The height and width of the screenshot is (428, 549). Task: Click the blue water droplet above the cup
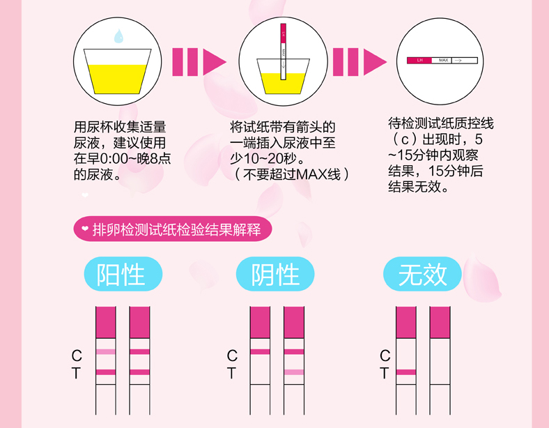(118, 35)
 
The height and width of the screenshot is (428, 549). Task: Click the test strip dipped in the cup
(284, 52)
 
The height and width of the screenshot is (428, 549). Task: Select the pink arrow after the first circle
(199, 61)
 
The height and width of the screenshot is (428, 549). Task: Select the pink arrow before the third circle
(359, 61)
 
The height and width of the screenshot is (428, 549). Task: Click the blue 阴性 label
(276, 275)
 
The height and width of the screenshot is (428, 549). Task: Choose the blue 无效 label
(423, 275)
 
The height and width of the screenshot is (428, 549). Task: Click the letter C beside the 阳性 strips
(77, 356)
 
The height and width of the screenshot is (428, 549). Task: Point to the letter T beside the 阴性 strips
(232, 373)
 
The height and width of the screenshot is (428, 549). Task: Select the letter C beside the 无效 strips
(385, 356)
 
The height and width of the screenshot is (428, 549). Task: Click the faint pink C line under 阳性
(106, 351)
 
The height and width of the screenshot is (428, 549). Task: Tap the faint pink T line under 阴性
(294, 372)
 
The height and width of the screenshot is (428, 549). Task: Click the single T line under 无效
(406, 372)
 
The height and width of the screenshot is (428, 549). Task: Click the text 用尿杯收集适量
(120, 127)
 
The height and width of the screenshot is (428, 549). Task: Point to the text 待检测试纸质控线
(441, 123)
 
